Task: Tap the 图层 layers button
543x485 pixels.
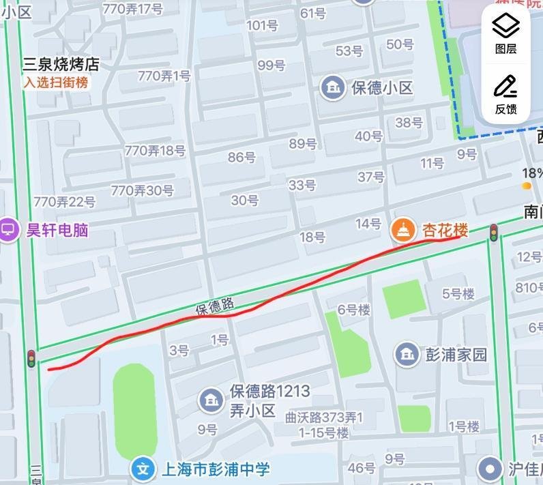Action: [x=505, y=34]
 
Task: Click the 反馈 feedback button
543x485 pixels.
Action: [x=505, y=94]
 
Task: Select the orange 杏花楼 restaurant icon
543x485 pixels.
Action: [x=403, y=230]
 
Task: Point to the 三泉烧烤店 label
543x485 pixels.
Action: [x=61, y=65]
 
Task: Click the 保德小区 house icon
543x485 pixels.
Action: [x=333, y=87]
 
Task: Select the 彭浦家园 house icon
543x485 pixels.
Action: [x=407, y=353]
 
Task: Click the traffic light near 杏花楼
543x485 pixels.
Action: [x=493, y=233]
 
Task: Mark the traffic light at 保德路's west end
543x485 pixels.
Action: [x=31, y=358]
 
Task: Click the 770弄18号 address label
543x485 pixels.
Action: [x=155, y=151]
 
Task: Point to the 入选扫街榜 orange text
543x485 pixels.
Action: [x=56, y=83]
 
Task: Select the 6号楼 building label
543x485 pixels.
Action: [x=354, y=310]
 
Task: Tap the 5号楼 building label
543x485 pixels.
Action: [x=458, y=294]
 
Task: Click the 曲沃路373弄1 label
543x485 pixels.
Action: [x=324, y=417]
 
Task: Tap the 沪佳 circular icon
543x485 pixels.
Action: [x=490, y=469]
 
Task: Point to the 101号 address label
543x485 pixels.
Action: [x=262, y=26]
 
